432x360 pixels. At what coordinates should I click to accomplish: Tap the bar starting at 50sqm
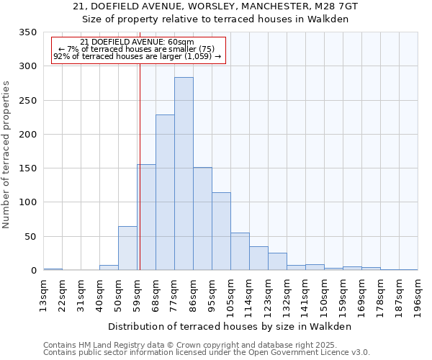(x=127, y=248)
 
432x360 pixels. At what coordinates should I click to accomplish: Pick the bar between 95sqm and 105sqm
(x=221, y=231)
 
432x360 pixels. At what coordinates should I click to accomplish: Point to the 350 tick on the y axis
(x=28, y=32)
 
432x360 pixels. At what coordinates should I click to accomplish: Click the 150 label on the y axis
(x=28, y=168)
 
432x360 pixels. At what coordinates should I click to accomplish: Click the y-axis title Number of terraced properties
(x=7, y=155)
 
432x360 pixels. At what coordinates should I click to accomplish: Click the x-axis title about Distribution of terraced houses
(x=230, y=327)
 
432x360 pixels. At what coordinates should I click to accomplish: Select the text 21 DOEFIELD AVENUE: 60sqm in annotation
(x=138, y=42)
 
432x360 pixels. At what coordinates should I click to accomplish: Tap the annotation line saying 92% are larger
(x=138, y=56)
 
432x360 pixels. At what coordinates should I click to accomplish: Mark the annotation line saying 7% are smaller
(x=138, y=49)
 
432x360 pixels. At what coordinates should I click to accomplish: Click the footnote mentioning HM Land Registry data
(x=206, y=345)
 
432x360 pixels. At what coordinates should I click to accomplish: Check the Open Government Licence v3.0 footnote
(x=206, y=352)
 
